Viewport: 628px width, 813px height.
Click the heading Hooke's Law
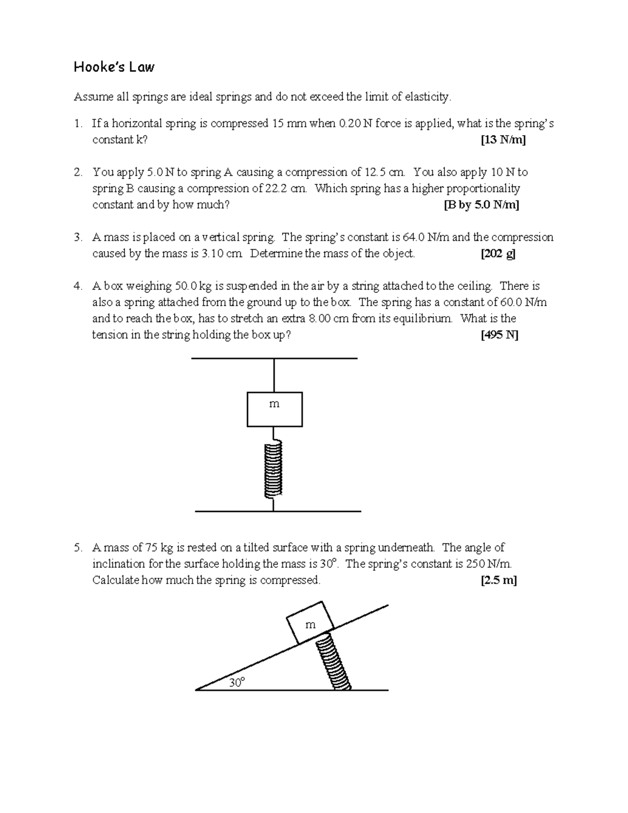click(x=114, y=67)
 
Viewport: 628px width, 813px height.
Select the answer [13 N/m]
click(x=503, y=140)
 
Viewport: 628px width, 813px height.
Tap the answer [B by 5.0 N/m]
click(x=481, y=205)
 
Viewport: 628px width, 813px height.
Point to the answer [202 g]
click(x=498, y=254)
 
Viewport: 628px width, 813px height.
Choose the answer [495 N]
click(x=499, y=335)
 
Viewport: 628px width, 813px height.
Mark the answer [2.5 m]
click(x=498, y=580)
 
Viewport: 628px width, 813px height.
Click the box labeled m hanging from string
click(x=274, y=409)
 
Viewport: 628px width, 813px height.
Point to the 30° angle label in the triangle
click(x=237, y=682)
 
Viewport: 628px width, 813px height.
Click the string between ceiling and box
click(x=274, y=375)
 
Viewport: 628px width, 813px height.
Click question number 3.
click(x=78, y=238)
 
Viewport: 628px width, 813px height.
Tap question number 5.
click(x=78, y=548)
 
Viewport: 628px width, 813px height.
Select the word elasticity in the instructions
click(x=423, y=97)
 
